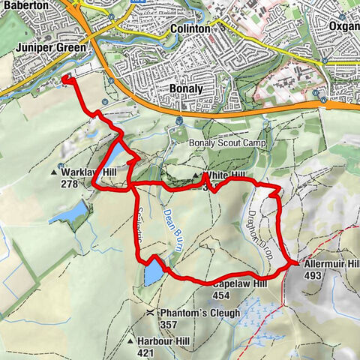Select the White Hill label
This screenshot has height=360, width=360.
tap(227, 175)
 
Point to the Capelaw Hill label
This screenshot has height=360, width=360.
tap(240, 285)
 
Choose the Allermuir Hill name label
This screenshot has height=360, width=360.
tap(331, 265)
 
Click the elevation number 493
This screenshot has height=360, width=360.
tap(313, 276)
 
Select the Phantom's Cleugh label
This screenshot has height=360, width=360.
tap(199, 313)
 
